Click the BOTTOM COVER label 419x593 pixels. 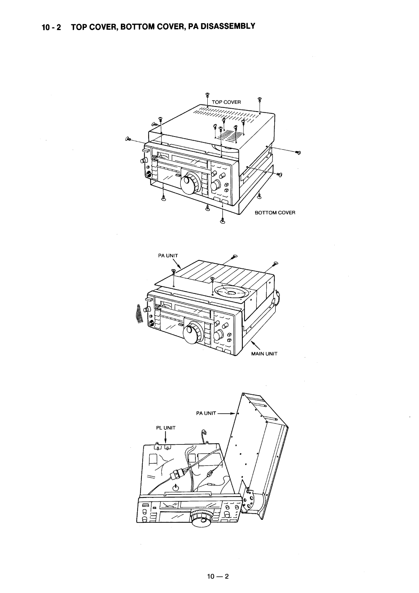pos(275,213)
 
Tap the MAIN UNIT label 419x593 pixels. pos(264,354)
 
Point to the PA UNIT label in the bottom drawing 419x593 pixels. pos(206,413)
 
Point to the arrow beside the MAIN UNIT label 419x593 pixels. pos(255,344)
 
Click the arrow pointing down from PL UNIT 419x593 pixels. pos(165,438)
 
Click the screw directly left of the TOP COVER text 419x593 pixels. pos(207,96)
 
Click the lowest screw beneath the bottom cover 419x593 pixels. pos(222,220)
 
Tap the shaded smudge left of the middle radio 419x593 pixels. pos(138,314)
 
